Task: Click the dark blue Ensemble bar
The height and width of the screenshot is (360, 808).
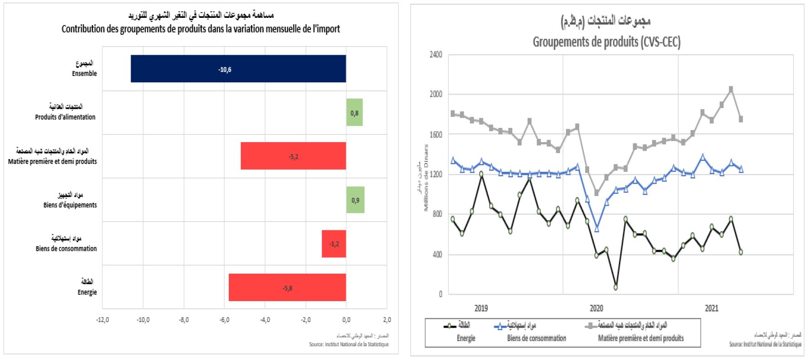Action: click(238, 69)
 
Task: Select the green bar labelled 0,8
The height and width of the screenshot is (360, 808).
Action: click(354, 112)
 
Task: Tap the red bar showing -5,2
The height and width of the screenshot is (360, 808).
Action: click(293, 156)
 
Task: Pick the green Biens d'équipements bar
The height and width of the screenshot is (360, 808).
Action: click(355, 200)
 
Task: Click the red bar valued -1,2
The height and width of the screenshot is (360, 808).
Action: click(334, 244)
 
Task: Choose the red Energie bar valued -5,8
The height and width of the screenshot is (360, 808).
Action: click(287, 287)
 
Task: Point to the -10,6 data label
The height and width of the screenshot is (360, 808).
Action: click(225, 69)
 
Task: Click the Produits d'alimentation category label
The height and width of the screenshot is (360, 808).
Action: click(65, 117)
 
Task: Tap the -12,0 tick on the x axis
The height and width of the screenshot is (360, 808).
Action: click(102, 320)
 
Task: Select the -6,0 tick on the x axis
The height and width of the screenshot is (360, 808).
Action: click(224, 320)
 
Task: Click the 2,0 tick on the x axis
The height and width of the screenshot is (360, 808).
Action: click(387, 320)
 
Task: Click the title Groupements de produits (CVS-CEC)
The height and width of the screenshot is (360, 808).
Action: click(607, 42)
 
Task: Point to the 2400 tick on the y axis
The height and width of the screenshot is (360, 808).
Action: click(436, 55)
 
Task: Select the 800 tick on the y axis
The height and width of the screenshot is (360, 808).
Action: click(437, 214)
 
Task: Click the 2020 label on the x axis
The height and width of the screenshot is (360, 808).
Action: click(596, 308)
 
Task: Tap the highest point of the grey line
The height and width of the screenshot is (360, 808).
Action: click(731, 90)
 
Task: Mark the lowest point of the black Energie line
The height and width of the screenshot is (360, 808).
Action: click(616, 287)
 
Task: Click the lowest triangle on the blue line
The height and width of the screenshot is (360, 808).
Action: click(597, 229)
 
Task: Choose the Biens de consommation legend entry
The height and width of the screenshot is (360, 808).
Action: click(536, 338)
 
